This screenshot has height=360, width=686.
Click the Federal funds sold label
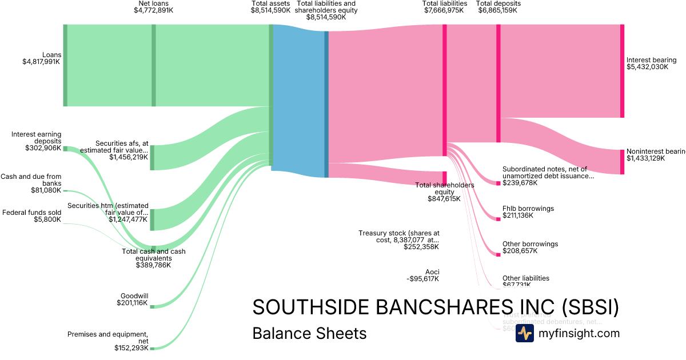tap(32, 213)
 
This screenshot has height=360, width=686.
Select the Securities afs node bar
tap(153, 158)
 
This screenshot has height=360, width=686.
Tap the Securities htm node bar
tap(153, 219)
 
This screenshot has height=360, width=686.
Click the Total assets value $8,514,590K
tap(270, 10)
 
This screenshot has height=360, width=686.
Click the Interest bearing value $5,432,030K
tap(647, 67)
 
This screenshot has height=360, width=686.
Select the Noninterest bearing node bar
tap(622, 162)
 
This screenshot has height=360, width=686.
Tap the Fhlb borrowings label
tap(528, 209)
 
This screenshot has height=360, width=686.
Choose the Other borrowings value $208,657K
tap(518, 251)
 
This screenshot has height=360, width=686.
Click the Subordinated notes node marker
tap(498, 183)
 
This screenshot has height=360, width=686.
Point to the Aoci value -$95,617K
tap(422, 279)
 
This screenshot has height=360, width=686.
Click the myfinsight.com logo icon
tap(524, 334)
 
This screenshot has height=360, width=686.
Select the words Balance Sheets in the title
tap(309, 333)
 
